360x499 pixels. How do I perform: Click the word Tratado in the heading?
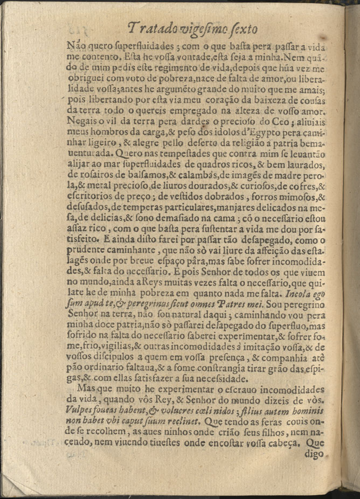153,28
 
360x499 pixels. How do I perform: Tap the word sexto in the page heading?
239,29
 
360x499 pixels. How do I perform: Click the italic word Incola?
298,295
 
